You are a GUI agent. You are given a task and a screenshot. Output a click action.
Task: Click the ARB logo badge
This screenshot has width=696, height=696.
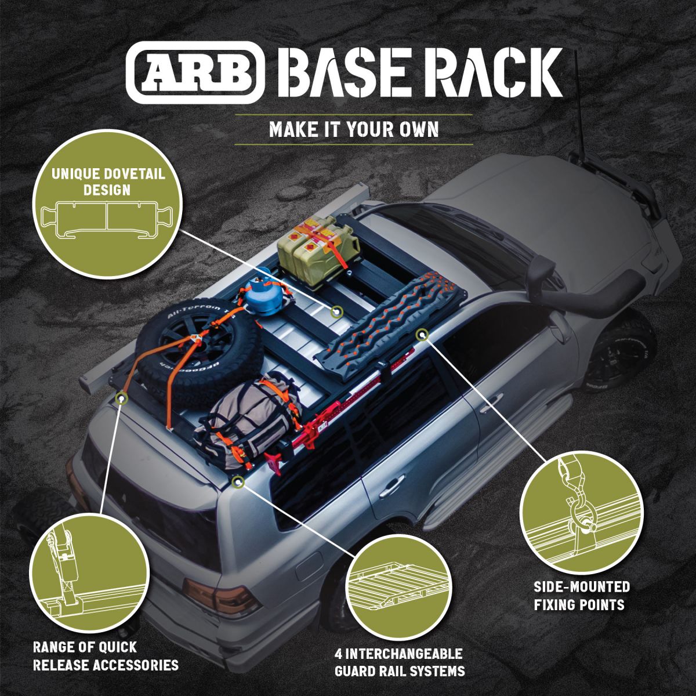[x=195, y=72]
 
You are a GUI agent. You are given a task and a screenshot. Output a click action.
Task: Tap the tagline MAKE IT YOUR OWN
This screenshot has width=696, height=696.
[x=354, y=130]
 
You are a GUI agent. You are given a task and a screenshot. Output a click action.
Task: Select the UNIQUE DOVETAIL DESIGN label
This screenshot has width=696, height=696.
[x=108, y=182]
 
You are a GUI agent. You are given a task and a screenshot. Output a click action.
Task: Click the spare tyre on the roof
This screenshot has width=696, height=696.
[x=198, y=345]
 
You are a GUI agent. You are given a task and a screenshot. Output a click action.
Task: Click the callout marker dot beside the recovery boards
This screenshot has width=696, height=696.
[x=422, y=335]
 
